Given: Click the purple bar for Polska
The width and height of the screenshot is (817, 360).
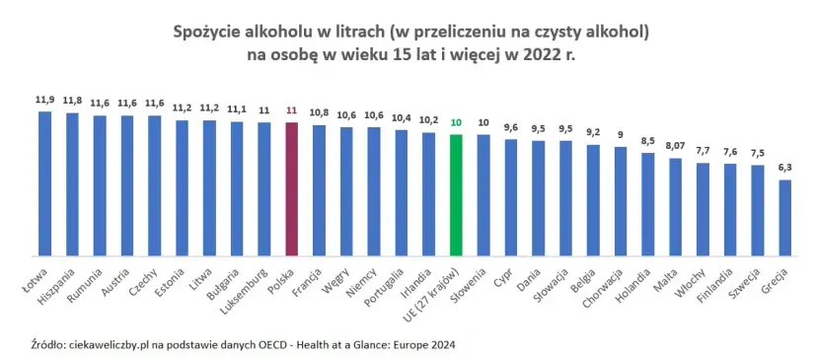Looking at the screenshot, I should pos(291,187).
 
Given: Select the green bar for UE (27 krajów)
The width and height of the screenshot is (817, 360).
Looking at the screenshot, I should pos(455,193).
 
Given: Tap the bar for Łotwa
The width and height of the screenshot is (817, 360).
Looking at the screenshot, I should pos(44,182).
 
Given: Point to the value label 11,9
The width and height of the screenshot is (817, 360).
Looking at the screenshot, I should pos(44,100).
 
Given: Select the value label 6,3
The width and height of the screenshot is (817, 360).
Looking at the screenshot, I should pos(784,168).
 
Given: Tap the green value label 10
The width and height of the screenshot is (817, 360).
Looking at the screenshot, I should pos(455,122).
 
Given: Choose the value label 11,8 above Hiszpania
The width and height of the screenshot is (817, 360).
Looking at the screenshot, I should pos(72,101).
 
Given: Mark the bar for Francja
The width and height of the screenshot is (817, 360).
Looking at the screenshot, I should pos(319,188).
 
